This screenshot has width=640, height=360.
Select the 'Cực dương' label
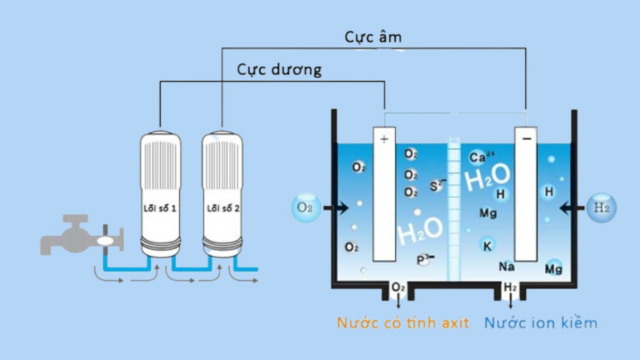pos(279,69)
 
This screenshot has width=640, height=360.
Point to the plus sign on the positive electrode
pos(383,140)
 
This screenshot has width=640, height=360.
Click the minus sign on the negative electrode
pos(526,139)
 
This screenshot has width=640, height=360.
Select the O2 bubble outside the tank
pos(305,208)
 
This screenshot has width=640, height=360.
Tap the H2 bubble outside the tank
pos(602,208)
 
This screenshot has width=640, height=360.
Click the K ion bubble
pos(487,246)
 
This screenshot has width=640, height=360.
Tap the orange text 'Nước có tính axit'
pos(403,323)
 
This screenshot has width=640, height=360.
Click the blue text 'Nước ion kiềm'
pos(540,323)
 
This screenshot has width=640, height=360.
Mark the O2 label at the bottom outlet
pos(398,288)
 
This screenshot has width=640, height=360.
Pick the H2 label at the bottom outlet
pos(510,288)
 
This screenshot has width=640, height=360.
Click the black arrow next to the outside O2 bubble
pos(335,208)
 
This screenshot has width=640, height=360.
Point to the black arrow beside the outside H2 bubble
pos(571,208)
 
